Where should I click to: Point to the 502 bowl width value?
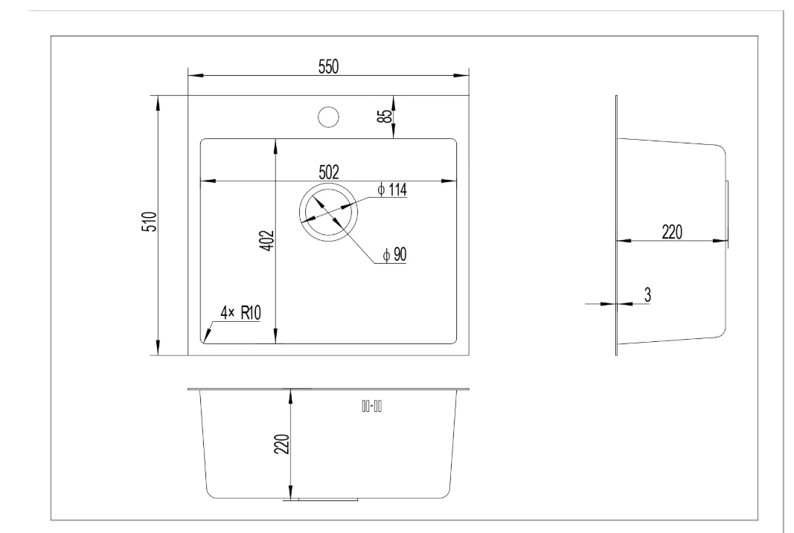pos(328,172)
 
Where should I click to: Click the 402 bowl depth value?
pos(268,242)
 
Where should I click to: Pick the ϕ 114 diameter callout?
pos(392,190)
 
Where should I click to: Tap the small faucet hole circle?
pos(328,117)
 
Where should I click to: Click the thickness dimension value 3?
pos(647,294)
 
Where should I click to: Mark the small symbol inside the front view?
pos(371,406)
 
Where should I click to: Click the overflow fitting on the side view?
pos(727,212)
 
